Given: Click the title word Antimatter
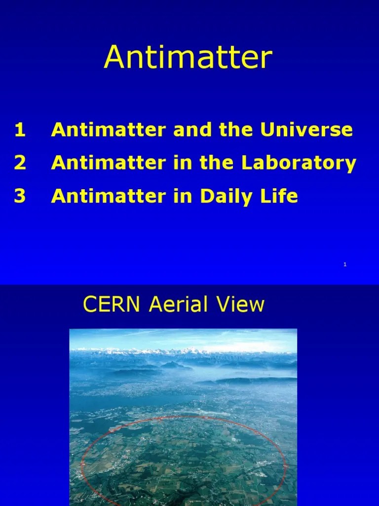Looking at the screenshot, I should [x=188, y=58].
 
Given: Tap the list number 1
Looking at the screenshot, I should [x=20, y=130].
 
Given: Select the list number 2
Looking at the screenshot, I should [x=20, y=163].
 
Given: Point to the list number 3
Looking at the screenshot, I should [x=20, y=196].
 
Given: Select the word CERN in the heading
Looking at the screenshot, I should [x=107, y=305].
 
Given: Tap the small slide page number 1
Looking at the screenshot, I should [x=345, y=265].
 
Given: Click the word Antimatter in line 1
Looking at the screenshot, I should [x=100, y=130].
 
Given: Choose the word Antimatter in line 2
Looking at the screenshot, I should [x=100, y=163].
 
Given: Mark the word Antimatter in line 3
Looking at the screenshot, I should [x=100, y=196].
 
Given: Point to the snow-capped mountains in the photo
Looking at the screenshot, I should [x=183, y=351].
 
